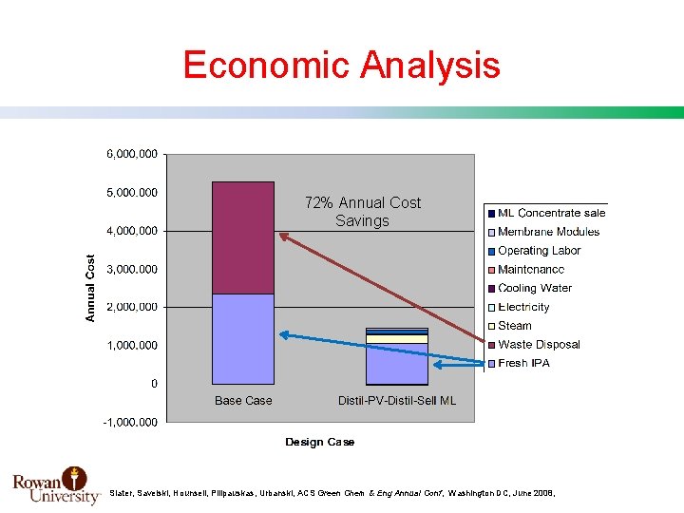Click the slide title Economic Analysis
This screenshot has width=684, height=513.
point(341,66)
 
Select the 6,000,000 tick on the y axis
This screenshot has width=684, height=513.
point(131,153)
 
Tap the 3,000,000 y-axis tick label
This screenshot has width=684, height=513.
point(131,269)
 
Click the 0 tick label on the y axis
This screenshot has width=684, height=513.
point(153,384)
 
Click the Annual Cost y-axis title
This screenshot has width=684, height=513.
point(91,287)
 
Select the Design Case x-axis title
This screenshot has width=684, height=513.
point(319,442)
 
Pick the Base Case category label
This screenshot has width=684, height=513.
point(243,401)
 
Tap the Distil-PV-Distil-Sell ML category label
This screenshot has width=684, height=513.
point(396,401)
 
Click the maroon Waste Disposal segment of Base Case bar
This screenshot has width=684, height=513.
point(243,237)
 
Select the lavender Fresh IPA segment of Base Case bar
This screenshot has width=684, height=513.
point(243,338)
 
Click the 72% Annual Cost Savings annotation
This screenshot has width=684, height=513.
point(362,212)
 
